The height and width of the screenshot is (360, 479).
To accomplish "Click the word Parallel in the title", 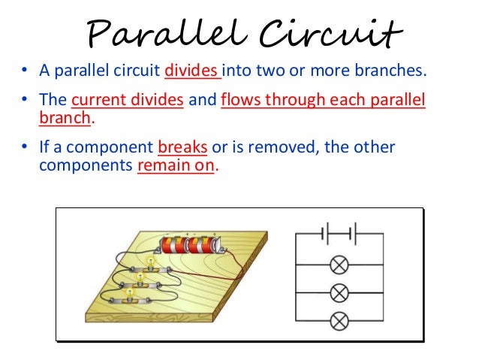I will [x=157, y=33].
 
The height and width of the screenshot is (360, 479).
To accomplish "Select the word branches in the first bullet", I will [x=390, y=71].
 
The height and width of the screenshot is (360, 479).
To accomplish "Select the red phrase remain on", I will [x=176, y=165].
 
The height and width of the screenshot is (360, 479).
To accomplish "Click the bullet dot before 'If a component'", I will [x=24, y=147].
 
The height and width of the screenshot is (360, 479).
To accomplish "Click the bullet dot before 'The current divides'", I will [x=24, y=101].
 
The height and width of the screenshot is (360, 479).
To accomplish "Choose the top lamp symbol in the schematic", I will [x=340, y=265].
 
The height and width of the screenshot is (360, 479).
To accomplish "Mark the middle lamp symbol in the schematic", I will [x=340, y=293].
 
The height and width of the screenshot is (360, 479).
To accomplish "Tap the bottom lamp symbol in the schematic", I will [x=340, y=322].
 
